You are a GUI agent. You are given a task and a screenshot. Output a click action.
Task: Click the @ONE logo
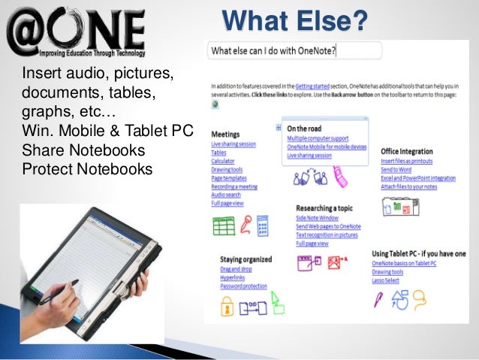(x=75, y=30)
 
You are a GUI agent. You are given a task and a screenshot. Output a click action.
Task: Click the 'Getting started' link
(x=314, y=86)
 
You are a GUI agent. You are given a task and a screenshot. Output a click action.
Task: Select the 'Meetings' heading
(x=226, y=134)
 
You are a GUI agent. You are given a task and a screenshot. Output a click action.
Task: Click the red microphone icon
(x=245, y=224)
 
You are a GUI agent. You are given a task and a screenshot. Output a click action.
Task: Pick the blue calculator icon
(x=263, y=224)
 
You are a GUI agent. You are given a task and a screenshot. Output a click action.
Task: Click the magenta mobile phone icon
(x=341, y=178)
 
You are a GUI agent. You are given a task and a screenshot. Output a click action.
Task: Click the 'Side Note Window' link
(x=319, y=218)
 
